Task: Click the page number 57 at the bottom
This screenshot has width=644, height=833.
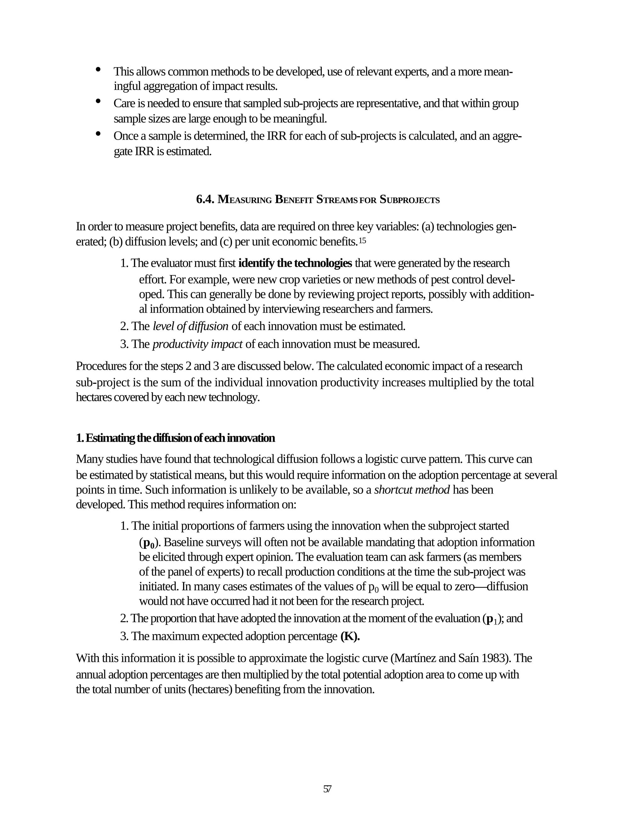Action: pyautogui.click(x=327, y=789)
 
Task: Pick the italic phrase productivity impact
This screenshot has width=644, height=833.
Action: pyautogui.click(x=197, y=344)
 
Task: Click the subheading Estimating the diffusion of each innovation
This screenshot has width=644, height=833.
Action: pyautogui.click(x=175, y=438)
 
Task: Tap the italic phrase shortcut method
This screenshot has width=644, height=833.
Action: pyautogui.click(x=412, y=489)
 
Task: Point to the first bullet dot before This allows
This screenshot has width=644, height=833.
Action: pyautogui.click(x=98, y=69)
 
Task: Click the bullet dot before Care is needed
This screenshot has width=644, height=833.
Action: pyautogui.click(x=98, y=101)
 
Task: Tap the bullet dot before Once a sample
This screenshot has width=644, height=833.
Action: pyautogui.click(x=98, y=134)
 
